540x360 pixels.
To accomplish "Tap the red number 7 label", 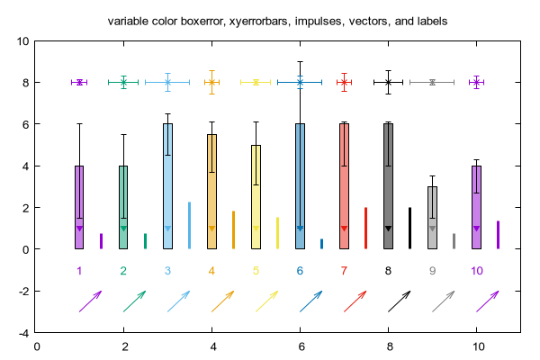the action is coord(344,271).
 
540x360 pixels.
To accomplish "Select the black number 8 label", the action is coord(388,271).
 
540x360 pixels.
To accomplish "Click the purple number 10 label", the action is coord(477,271).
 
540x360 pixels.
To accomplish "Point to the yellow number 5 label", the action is coord(256,271).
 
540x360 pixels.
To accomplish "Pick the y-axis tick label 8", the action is coord(26,83).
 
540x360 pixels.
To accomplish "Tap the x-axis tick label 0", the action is coord(37,346).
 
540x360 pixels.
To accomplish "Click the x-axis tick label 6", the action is coord(301,346).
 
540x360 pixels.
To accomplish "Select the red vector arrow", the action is coord(355,301).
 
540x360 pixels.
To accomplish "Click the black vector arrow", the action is coord(399,301).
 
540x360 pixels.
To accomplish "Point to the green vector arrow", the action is coord(134,301).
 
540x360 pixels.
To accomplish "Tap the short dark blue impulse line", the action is coord(321,244).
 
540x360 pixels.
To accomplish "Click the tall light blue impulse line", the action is coord(189,225).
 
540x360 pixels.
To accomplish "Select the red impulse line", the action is coord(365,228).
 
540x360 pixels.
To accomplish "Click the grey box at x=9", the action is coord(433,218).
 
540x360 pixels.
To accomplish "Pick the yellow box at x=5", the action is coord(256,197).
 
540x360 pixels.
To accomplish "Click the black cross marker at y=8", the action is coord(389,82).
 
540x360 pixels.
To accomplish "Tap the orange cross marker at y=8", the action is coord(211,82).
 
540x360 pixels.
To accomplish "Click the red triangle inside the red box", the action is coord(344,229).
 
